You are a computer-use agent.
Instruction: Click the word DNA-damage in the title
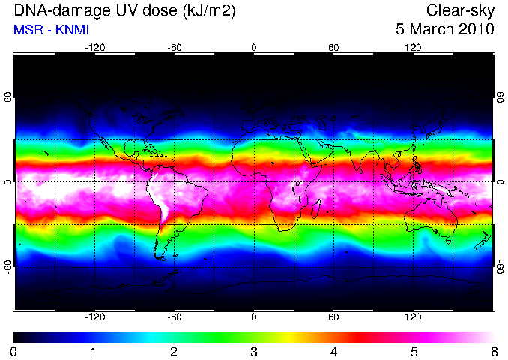click(61, 11)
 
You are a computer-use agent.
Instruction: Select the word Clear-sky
click(460, 11)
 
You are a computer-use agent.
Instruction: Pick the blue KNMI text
click(72, 30)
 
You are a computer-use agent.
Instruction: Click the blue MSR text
click(28, 30)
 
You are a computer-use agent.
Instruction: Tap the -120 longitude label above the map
click(95, 48)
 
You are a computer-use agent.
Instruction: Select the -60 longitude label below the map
click(175, 316)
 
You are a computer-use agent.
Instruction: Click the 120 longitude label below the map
click(413, 316)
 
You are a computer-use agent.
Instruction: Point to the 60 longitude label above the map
click(333, 48)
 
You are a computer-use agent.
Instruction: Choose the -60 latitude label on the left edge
click(8, 266)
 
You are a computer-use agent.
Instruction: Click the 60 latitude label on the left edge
click(8, 97)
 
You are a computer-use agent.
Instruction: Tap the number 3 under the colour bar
click(254, 352)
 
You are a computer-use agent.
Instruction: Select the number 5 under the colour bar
click(414, 352)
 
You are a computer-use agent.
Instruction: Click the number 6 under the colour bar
click(494, 352)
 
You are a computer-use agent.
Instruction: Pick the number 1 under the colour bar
click(94, 352)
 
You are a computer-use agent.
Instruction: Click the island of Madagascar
click(316, 208)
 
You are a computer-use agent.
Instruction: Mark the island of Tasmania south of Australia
click(449, 241)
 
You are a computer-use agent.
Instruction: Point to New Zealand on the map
click(484, 240)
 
